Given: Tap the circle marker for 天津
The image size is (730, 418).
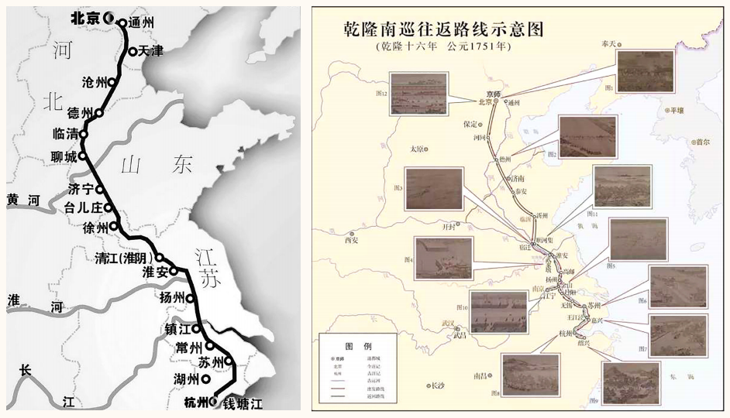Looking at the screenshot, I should tap(133, 52).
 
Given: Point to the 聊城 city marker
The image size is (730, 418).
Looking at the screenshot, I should tap(82, 156).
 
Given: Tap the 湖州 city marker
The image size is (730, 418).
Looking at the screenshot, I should tap(205, 380).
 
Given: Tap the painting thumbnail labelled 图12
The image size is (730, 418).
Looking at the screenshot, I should tap(418, 91).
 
